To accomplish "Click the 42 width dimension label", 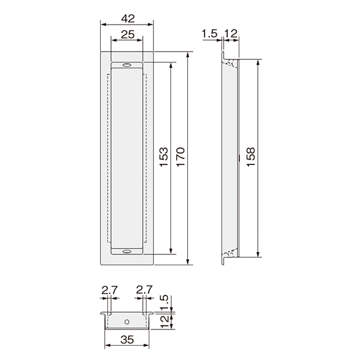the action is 128,19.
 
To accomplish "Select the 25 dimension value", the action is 128,35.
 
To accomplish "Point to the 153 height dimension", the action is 164,157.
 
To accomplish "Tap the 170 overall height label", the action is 180,157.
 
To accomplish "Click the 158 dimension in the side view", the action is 251,157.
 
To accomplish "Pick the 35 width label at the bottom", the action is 127,340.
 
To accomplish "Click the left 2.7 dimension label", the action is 110,290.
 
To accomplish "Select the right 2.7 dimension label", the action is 145,290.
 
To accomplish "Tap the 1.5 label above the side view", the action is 209,34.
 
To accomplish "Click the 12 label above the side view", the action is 230,34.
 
